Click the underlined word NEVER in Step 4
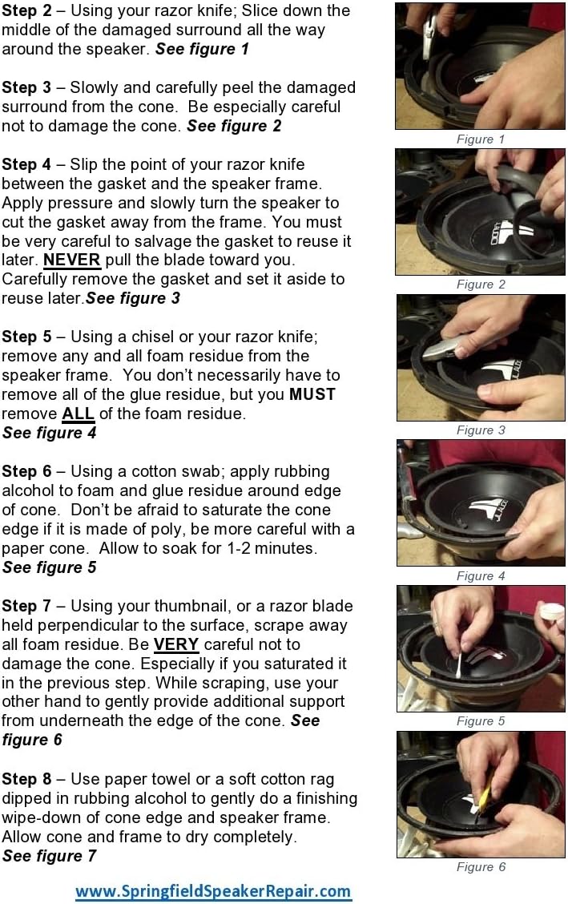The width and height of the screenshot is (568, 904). point(72,260)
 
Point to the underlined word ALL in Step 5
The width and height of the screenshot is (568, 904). point(79,414)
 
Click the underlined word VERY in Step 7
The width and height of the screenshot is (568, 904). point(175,644)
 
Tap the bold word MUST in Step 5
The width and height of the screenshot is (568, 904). point(312,394)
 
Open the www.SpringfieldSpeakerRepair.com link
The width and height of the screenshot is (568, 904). point(213,890)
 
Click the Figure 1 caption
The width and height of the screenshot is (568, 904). point(481,139)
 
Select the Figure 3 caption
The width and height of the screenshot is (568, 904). point(481,430)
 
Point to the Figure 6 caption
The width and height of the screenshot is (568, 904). point(481,867)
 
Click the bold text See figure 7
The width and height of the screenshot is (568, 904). point(49,856)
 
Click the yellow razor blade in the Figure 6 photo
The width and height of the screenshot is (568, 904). point(483,798)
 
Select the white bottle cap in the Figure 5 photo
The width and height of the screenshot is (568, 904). point(551,611)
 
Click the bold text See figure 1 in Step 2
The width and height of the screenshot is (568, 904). point(202,49)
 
